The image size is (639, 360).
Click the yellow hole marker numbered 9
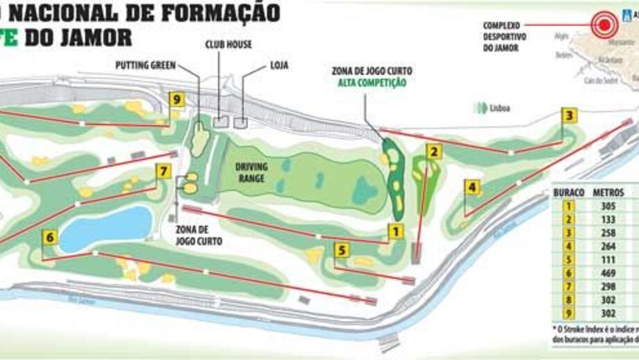coord(176,99)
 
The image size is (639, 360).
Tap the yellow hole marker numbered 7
coord(163,170)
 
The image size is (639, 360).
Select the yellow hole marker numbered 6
coord(49,237)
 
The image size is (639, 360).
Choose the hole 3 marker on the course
coord(570,115)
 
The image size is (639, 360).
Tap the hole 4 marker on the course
coord(473,187)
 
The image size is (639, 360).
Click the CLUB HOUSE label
coord(229,44)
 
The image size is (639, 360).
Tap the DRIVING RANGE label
coord(251,172)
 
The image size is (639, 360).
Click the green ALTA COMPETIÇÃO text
coord(372,83)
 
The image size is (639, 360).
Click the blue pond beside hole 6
coord(106,227)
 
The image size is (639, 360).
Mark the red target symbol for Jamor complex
coord(604,24)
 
